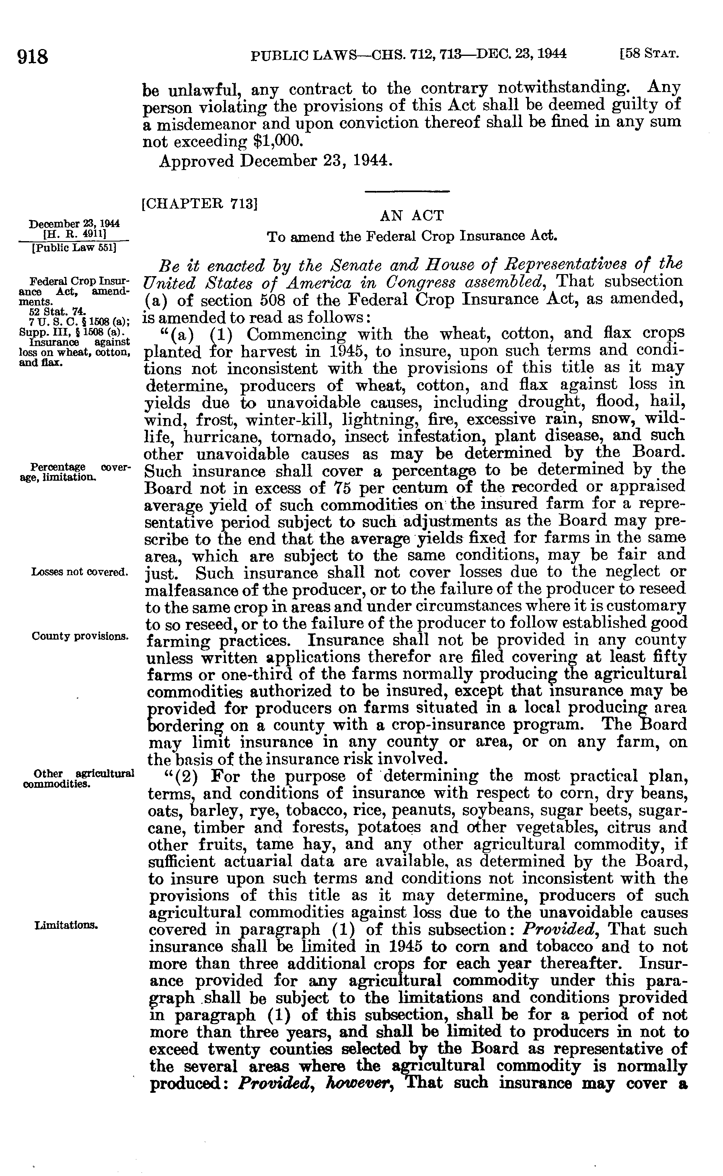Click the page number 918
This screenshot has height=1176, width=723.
point(33,58)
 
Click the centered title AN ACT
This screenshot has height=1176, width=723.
point(412,216)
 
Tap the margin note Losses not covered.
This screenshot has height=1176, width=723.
point(79,572)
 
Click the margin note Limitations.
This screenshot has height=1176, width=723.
point(66,925)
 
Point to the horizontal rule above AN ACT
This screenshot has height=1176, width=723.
point(407,192)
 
